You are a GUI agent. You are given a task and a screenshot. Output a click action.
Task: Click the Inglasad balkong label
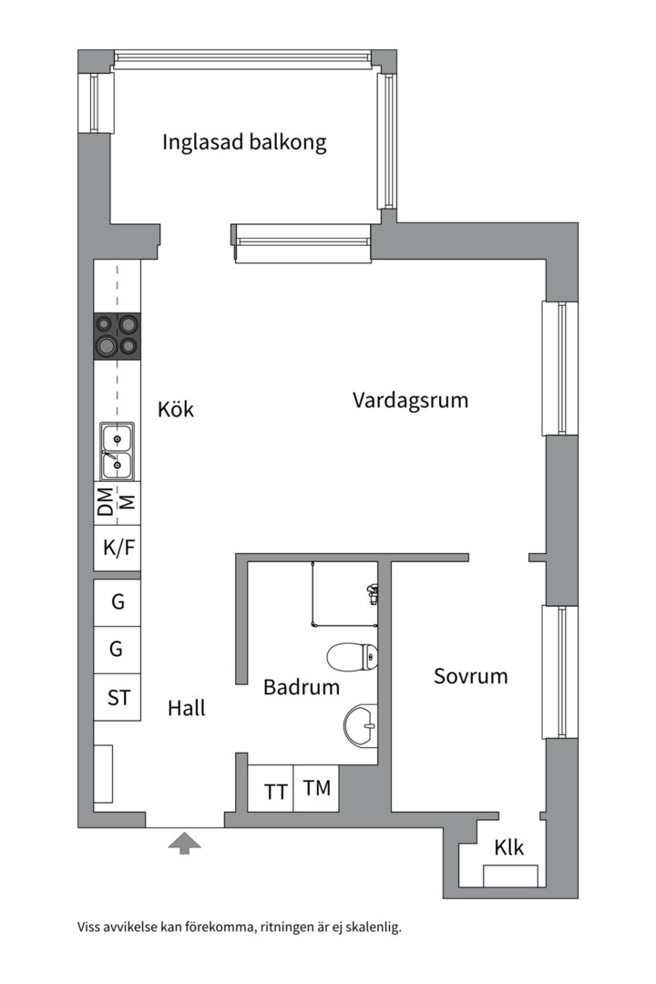pyautogui.click(x=244, y=143)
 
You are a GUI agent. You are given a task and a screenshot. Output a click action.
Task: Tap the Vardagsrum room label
pyautogui.click(x=410, y=400)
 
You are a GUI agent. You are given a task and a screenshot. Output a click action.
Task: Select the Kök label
pyautogui.click(x=176, y=410)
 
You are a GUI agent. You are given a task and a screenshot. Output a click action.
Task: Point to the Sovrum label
pyautogui.click(x=470, y=677)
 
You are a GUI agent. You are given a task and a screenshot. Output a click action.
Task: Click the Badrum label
pyautogui.click(x=302, y=688)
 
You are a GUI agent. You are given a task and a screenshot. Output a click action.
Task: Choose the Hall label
pyautogui.click(x=187, y=708)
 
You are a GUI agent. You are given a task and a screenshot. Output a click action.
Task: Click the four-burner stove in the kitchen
pyautogui.click(x=117, y=334)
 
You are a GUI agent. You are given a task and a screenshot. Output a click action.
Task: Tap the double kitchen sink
pyautogui.click(x=117, y=452)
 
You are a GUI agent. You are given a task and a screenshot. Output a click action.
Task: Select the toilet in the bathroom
pyautogui.click(x=353, y=656)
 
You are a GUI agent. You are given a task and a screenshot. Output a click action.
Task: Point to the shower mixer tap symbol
pyautogui.click(x=372, y=594)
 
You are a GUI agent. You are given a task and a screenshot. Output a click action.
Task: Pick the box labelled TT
pyautogui.click(x=276, y=791)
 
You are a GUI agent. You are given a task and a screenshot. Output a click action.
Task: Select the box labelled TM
pyautogui.click(x=317, y=788)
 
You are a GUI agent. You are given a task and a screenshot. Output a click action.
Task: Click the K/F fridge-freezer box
pyautogui.click(x=118, y=549)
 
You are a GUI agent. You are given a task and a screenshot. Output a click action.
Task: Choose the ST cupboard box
pyautogui.click(x=118, y=698)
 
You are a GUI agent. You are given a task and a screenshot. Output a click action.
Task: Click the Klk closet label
pyautogui.click(x=509, y=847)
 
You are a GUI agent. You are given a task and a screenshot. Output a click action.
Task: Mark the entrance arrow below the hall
pyautogui.click(x=185, y=843)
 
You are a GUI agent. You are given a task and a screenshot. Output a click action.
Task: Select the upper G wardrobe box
pyautogui.click(x=118, y=602)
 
